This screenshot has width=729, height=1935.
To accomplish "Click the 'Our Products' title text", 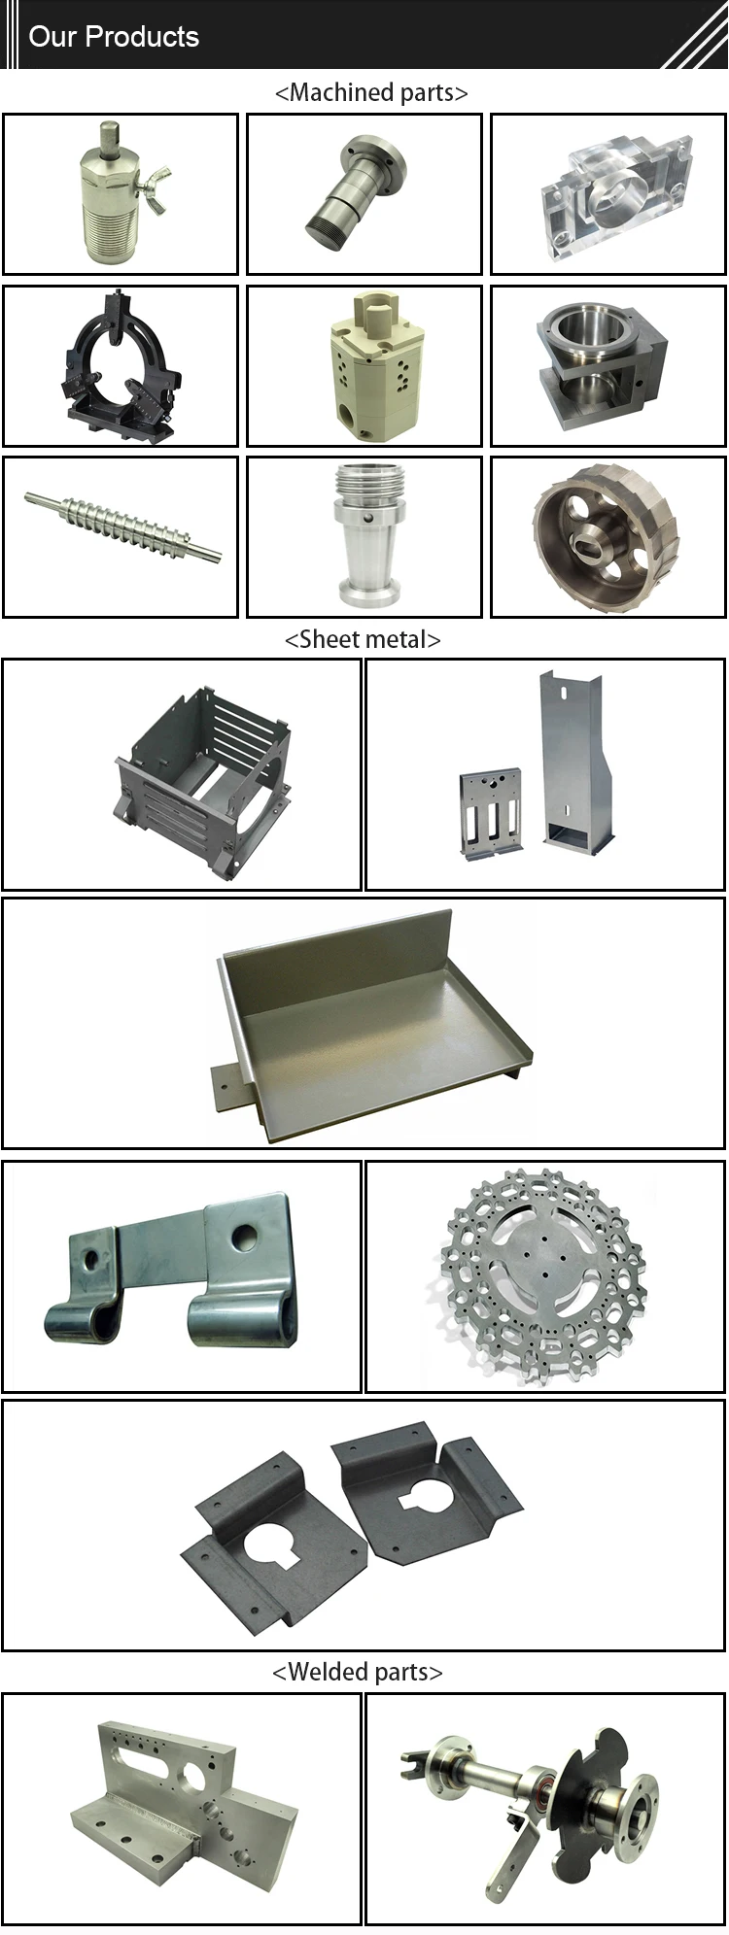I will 114,37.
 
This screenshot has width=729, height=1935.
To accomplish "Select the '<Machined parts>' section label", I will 371,93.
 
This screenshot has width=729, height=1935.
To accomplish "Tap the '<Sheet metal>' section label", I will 363,640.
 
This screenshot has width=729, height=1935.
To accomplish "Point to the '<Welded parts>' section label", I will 357,1672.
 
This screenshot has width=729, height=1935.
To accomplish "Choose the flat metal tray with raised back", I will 369,1025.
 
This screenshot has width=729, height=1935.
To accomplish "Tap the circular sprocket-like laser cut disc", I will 544,1274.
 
